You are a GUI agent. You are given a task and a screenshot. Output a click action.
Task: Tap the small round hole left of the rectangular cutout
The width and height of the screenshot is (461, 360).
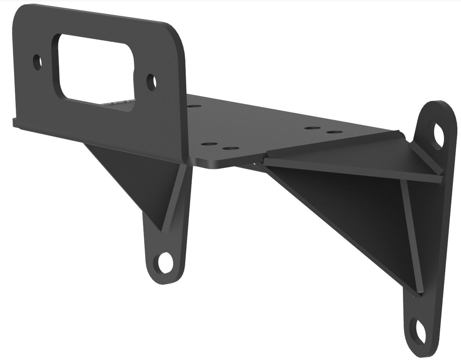tap(37, 62)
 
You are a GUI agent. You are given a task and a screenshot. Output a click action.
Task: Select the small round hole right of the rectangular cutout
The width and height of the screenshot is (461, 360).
tap(151, 82)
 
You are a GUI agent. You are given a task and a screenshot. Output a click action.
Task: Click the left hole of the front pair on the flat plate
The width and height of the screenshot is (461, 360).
tap(209, 144)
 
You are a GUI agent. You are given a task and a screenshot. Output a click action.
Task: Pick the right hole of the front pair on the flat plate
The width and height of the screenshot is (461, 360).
tap(230, 149)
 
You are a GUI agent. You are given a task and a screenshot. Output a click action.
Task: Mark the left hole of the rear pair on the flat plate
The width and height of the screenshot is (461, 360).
tap(313, 128)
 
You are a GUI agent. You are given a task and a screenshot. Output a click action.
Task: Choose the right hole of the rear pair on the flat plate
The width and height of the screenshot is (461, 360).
tap(334, 132)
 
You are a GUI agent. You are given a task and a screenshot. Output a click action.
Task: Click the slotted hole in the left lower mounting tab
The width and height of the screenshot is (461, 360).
tap(165, 263)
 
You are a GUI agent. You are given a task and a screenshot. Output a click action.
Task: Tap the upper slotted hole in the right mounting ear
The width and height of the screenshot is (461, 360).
tap(438, 136)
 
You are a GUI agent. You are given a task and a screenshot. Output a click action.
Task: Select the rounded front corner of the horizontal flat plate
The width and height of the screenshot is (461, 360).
tap(210, 165)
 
